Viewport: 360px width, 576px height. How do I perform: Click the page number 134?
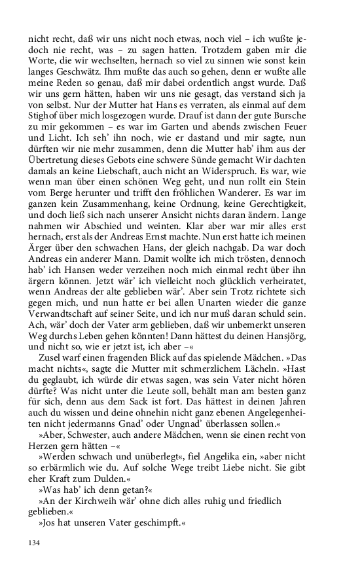pyautogui.click(x=34, y=542)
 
